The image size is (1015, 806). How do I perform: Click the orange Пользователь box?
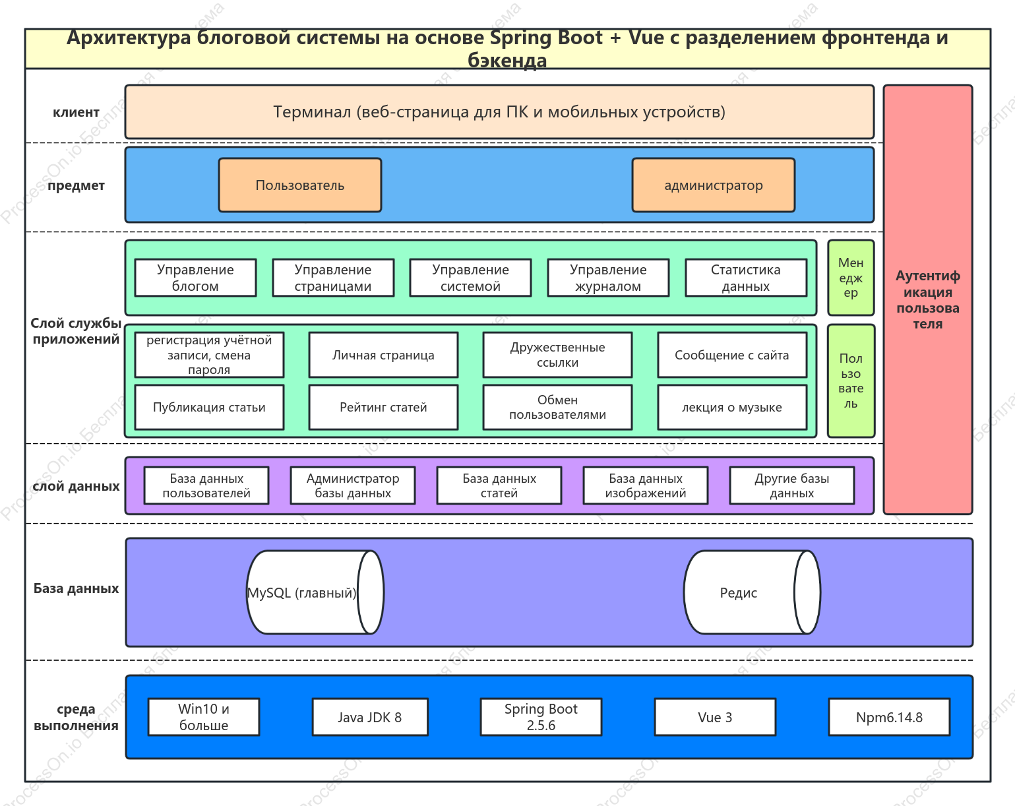(300, 185)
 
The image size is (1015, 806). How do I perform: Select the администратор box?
(713, 185)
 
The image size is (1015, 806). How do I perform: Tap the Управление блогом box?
(195, 277)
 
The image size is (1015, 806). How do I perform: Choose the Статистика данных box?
(746, 277)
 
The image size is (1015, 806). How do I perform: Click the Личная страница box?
(383, 355)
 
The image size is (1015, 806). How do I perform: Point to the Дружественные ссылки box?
(557, 355)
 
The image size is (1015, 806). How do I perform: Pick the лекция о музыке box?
(732, 407)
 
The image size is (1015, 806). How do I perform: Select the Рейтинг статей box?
(383, 407)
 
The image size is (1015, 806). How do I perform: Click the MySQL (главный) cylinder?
(315, 592)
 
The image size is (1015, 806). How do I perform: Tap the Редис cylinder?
(752, 592)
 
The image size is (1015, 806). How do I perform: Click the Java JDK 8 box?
(370, 717)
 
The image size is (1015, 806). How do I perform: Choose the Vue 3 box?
(715, 717)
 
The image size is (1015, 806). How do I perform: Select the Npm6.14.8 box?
(889, 717)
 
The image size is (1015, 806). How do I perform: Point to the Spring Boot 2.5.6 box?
(541, 717)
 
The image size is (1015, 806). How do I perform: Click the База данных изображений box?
(645, 485)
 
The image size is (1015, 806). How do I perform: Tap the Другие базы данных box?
(792, 485)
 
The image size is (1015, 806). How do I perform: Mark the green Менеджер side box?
(851, 277)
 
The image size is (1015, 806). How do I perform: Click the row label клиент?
(76, 112)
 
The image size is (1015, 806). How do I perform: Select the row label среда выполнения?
(76, 717)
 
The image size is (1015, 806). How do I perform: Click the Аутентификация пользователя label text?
(928, 299)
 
